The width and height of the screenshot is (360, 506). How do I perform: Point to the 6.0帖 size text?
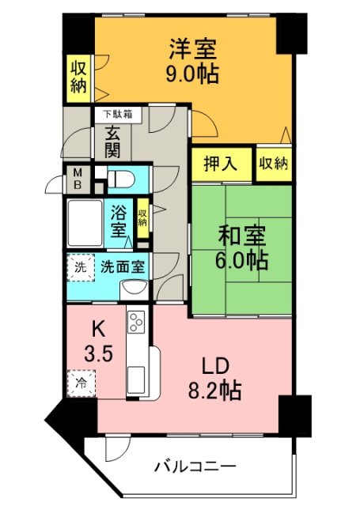coord(241,259)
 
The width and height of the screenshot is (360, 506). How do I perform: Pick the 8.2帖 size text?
coord(215,390)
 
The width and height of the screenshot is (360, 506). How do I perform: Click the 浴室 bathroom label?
coord(119,222)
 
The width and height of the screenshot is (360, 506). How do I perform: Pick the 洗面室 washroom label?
coord(122,266)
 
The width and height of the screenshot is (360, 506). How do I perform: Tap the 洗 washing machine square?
coord(79,267)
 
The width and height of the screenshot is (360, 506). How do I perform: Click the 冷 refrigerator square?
coord(80,383)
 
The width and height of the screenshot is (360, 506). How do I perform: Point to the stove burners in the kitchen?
coord(137,324)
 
